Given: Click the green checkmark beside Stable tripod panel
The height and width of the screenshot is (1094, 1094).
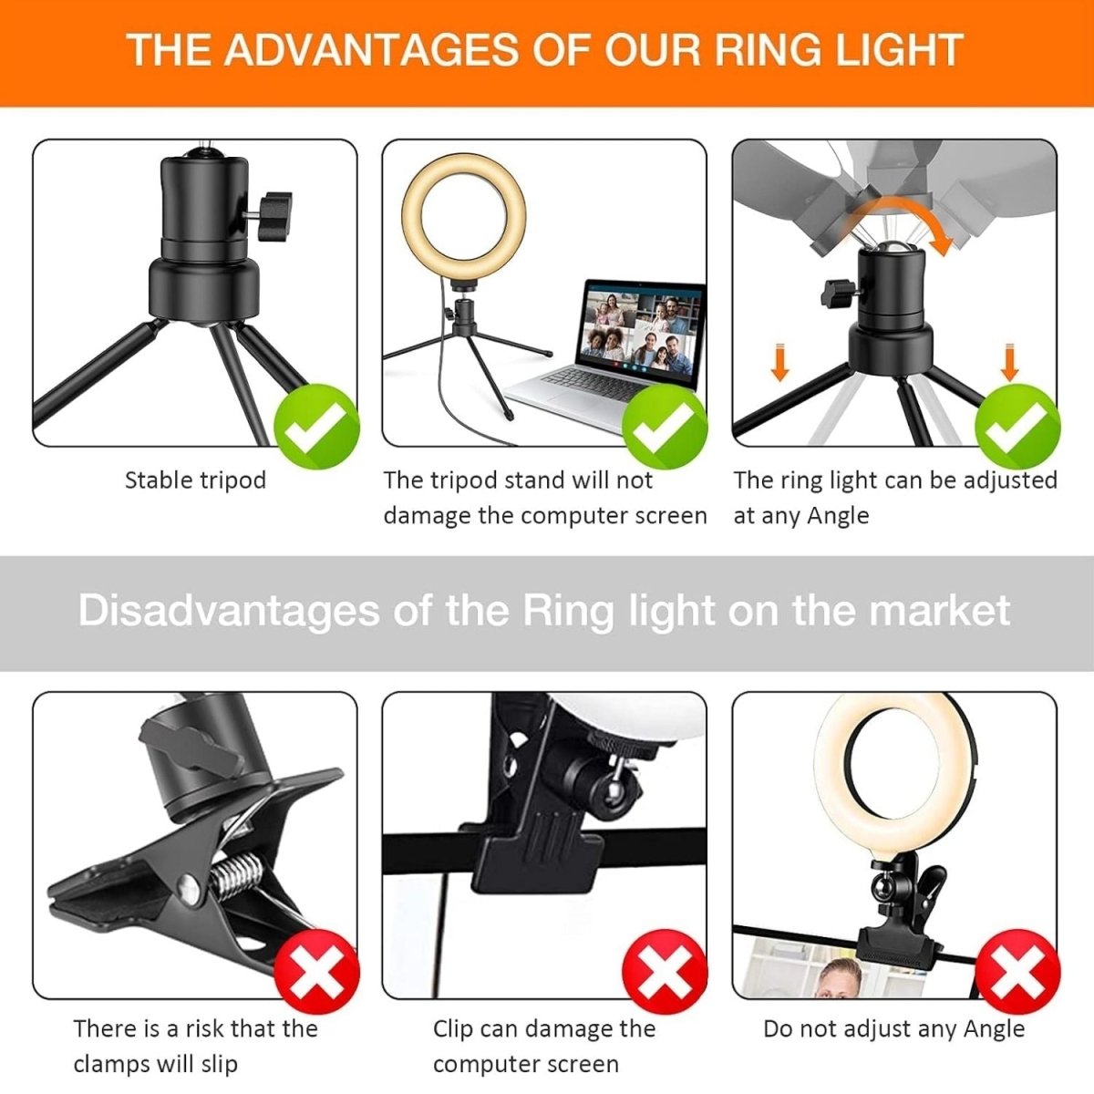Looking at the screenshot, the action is pyautogui.click(x=316, y=426).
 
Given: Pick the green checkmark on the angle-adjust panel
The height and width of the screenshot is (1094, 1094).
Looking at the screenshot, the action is pyautogui.click(x=1017, y=427).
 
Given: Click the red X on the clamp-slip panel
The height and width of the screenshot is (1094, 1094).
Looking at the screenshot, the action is pyautogui.click(x=316, y=972).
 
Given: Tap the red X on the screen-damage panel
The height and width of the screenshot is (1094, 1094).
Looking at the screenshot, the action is pyautogui.click(x=665, y=972).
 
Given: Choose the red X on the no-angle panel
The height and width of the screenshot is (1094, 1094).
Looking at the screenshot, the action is pyautogui.click(x=1017, y=972).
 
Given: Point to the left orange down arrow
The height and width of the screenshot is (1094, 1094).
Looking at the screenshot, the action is pyautogui.click(x=780, y=362).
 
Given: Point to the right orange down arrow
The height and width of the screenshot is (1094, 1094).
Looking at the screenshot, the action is pyautogui.click(x=1009, y=362).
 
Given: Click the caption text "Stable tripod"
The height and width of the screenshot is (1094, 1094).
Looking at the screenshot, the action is pyautogui.click(x=195, y=480).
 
